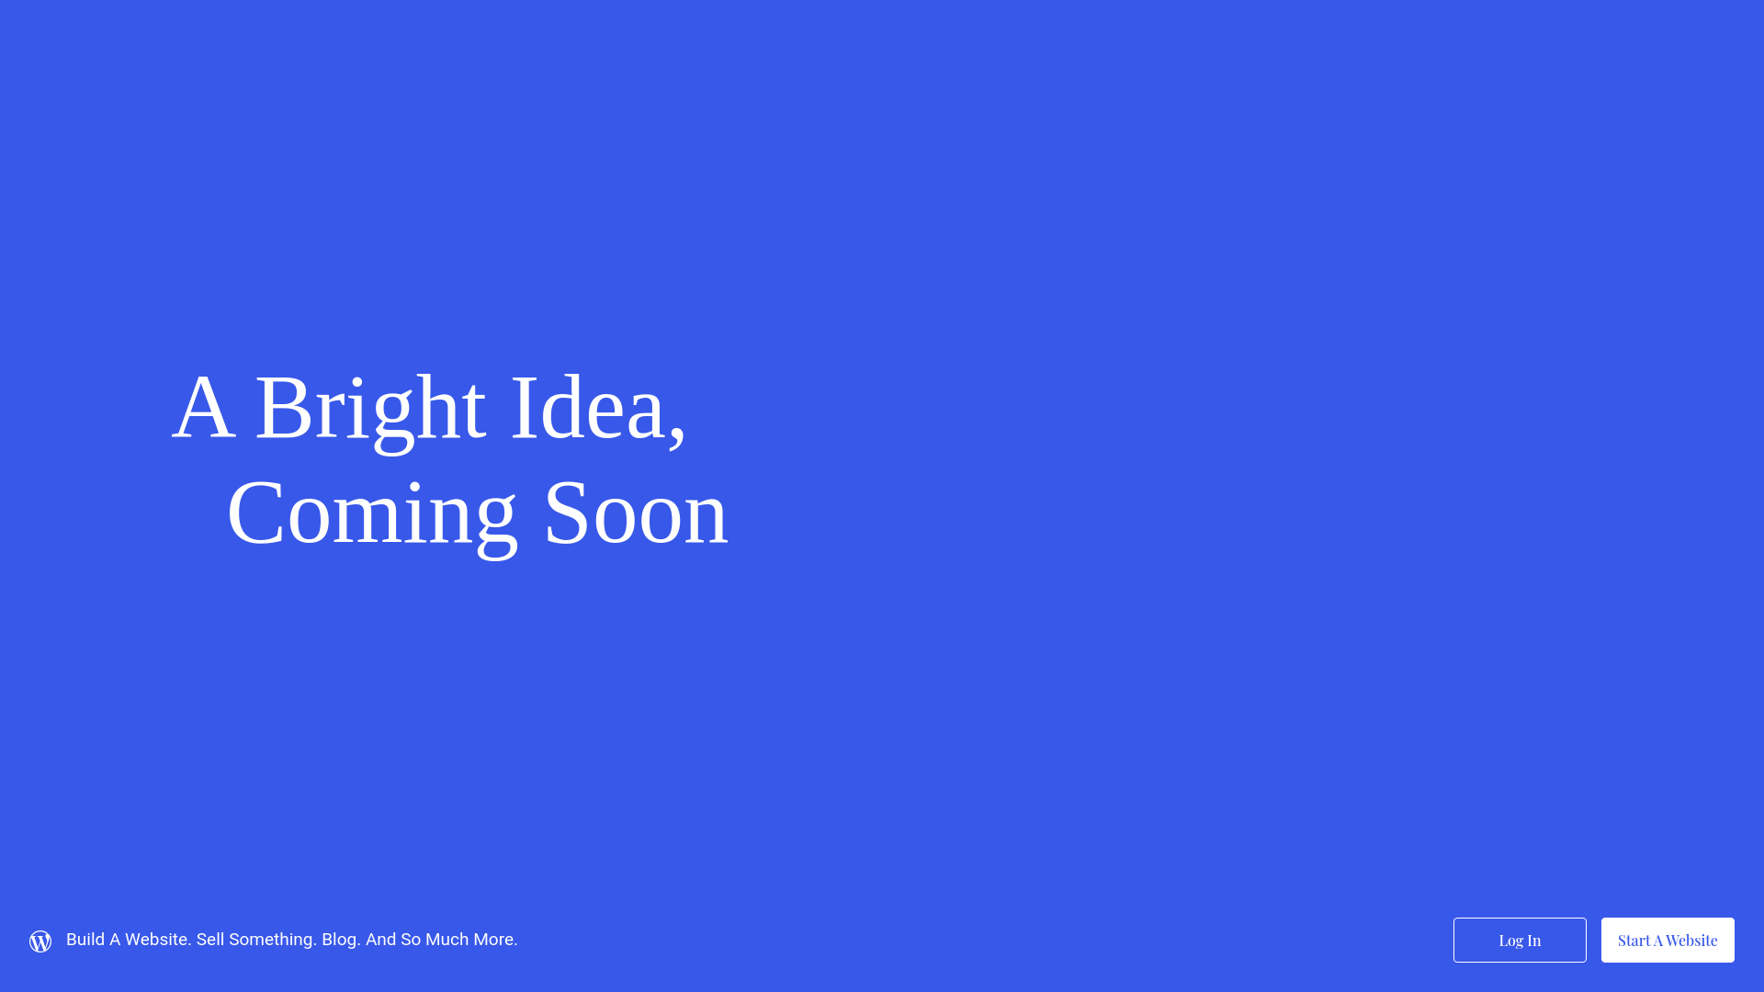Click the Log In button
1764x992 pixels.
point(1520,940)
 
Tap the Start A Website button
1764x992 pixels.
point(1668,940)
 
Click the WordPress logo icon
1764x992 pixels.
point(40,941)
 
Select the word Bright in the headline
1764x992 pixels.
point(369,410)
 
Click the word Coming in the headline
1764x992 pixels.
point(372,515)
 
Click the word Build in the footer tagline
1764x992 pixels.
point(85,940)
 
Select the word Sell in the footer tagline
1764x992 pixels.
point(209,940)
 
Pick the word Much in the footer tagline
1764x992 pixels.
point(447,940)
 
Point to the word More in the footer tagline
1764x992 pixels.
point(495,940)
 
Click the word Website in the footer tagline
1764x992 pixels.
point(157,940)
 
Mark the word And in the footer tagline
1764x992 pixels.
point(380,940)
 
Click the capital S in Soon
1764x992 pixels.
point(566,513)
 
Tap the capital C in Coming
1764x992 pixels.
point(255,513)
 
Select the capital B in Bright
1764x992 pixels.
point(282,407)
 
